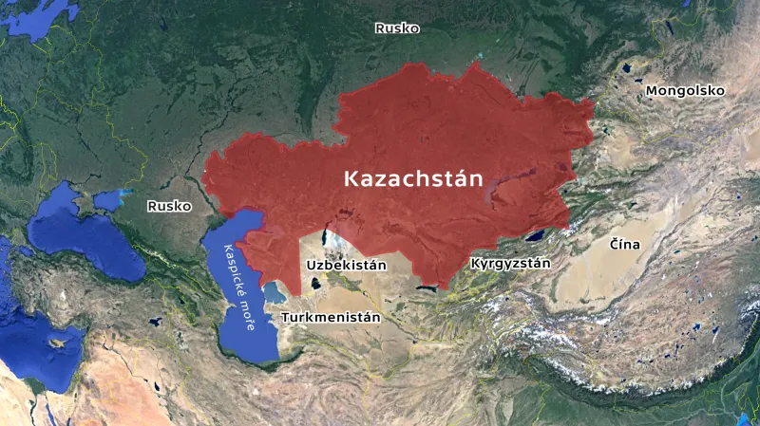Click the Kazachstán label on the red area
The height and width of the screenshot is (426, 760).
(412, 178)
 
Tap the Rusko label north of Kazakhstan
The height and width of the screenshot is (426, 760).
(397, 28)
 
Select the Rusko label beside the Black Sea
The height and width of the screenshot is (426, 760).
(169, 205)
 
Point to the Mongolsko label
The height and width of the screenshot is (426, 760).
(685, 91)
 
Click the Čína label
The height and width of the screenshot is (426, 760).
(624, 245)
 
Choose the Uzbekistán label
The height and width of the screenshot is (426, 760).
(346, 265)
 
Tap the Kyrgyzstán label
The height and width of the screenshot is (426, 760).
(510, 263)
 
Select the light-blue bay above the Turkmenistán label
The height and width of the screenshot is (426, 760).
(275, 288)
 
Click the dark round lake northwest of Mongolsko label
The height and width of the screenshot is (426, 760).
(626, 69)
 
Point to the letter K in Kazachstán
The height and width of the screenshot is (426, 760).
(351, 178)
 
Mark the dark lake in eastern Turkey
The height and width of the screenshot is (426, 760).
(155, 323)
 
